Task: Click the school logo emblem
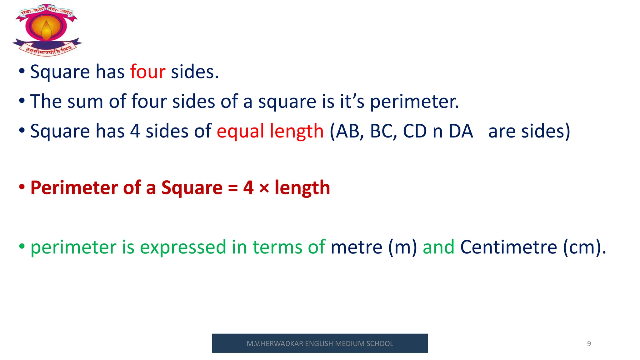click(47, 30)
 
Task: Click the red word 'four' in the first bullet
click(147, 72)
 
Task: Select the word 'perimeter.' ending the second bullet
click(414, 102)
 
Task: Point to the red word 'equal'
click(240, 131)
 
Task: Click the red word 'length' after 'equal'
click(297, 131)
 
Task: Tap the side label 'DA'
click(461, 131)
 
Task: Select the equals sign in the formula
click(233, 188)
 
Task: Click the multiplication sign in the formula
click(264, 188)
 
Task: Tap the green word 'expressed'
click(183, 247)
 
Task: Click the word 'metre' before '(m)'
click(356, 247)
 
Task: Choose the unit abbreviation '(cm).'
click(584, 247)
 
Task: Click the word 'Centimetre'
click(508, 247)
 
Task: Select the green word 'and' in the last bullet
click(438, 247)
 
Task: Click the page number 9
click(589, 344)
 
